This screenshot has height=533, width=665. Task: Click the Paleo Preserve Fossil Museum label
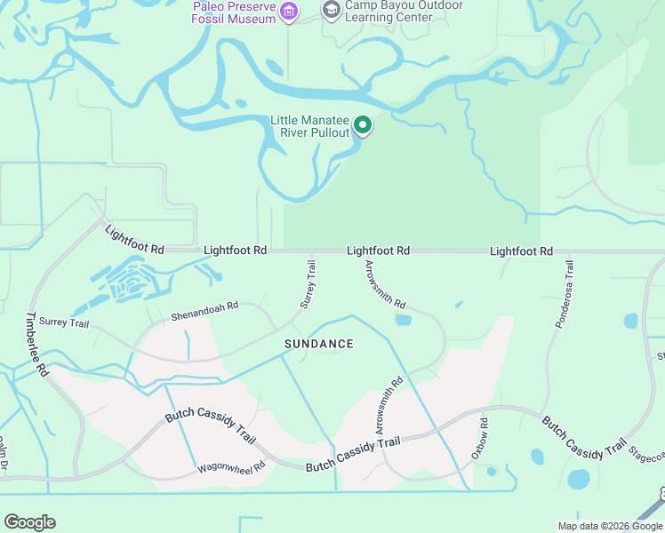234,11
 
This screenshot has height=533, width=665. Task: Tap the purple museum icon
288,11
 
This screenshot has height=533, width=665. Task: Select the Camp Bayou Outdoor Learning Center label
404,11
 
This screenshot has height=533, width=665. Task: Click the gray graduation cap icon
331,10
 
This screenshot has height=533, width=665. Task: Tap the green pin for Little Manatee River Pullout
362,126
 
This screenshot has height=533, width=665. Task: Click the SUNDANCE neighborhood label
318,344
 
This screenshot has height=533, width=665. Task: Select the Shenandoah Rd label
204,311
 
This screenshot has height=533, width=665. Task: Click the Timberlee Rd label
36,345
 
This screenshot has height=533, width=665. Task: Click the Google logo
29,522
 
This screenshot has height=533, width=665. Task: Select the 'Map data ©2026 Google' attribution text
610,526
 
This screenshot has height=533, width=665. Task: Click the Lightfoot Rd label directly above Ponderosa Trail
521,251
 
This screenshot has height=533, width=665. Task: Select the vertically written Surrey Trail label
308,284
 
